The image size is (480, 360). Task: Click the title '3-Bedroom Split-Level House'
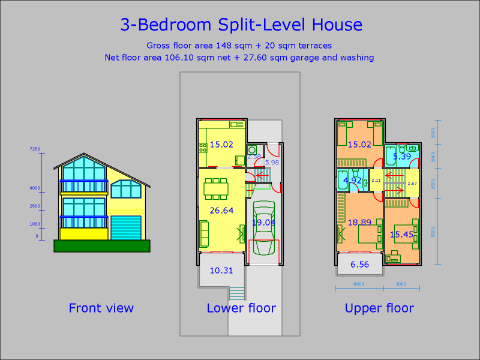tap(241, 25)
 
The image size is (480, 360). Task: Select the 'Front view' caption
tap(101, 308)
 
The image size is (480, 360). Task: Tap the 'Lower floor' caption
tap(241, 308)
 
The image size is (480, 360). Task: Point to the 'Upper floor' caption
tap(379, 308)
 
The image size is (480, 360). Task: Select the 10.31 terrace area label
tap(221, 271)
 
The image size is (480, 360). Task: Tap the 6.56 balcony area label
tap(360, 264)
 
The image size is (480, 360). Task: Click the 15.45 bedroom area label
tap(401, 235)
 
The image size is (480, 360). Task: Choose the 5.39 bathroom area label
tap(401, 157)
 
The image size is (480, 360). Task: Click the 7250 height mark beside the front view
tap(35, 148)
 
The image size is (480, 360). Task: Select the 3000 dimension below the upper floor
tap(401, 284)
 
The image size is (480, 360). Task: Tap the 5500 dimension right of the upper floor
tap(433, 231)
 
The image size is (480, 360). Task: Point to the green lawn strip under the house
tap(101, 245)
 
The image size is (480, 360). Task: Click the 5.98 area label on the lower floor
tap(272, 162)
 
